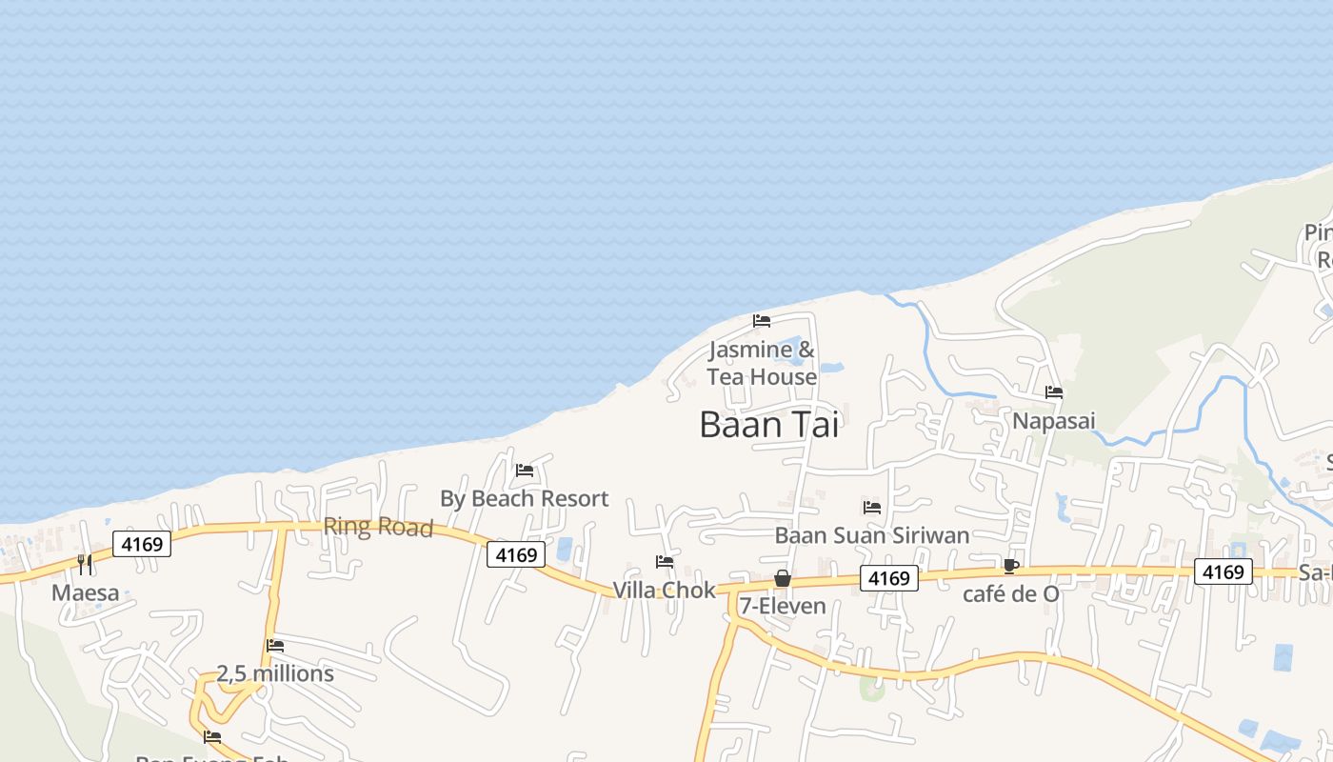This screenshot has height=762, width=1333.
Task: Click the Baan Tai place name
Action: click(x=769, y=425)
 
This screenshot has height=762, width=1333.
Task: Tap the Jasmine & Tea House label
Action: click(x=762, y=363)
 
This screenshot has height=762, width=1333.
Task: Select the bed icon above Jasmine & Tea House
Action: click(x=762, y=321)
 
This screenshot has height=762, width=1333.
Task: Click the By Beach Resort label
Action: click(x=524, y=498)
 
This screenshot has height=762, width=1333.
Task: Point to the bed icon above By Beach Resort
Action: click(x=525, y=470)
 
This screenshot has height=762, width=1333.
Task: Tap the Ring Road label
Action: click(x=378, y=527)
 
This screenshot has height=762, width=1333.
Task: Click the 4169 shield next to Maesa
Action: click(x=142, y=544)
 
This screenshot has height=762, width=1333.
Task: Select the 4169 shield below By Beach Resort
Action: click(x=516, y=554)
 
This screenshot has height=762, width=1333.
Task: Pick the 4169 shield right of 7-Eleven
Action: click(x=888, y=577)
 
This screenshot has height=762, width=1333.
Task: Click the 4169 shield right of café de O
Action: click(x=1223, y=571)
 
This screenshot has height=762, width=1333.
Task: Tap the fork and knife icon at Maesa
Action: click(x=85, y=565)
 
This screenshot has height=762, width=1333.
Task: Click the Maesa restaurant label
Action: click(x=86, y=593)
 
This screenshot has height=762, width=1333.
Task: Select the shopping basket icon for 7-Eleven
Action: click(x=783, y=578)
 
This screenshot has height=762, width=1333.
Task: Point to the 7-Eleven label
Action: click(x=783, y=606)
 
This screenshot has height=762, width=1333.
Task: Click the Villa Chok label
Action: click(x=664, y=591)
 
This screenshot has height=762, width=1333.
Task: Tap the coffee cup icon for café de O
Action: click(x=1011, y=567)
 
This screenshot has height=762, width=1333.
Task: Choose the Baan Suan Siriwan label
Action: click(x=871, y=535)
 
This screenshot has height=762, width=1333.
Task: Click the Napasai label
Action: click(x=1054, y=420)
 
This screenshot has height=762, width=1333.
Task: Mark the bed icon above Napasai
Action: click(x=1054, y=392)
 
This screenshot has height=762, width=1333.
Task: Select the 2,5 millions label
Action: click(x=275, y=673)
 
